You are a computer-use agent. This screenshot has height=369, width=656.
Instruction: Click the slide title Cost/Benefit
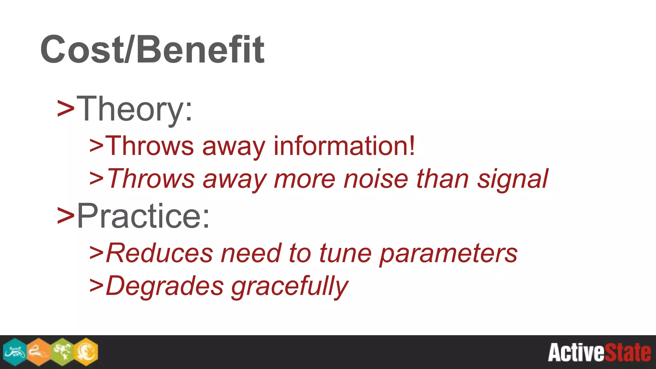pos(152,50)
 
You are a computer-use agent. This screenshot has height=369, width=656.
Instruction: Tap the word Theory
pos(135,109)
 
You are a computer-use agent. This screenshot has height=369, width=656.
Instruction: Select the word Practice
pos(143,216)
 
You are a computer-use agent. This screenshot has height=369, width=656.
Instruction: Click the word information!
pos(344,146)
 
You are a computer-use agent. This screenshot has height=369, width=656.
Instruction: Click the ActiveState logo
pos(599,352)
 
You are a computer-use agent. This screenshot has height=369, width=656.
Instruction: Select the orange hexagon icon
pos(39,352)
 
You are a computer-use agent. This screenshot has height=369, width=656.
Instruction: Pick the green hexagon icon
pos(62,352)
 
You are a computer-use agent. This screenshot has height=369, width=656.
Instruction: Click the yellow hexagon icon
pos(86,352)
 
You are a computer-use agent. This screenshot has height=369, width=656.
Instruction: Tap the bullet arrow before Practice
pos(66,215)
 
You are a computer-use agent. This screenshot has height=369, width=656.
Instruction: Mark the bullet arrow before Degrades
pos(96,285)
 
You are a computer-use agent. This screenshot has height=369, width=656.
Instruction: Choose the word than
pos(442,179)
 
